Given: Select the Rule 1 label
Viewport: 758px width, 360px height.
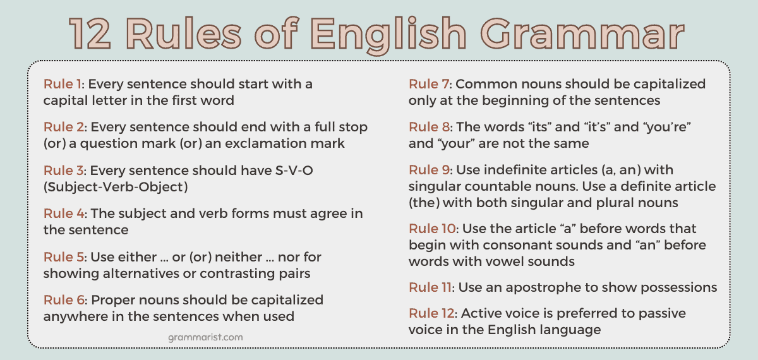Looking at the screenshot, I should point(64,84).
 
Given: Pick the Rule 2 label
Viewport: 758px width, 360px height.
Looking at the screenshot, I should point(64,127).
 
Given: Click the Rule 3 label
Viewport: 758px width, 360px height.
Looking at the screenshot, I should point(64,171).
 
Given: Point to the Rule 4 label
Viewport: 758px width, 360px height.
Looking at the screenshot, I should point(64,213).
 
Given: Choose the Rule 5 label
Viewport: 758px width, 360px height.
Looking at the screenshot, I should point(64,257).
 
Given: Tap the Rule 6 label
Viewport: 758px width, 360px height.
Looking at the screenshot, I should point(64,300).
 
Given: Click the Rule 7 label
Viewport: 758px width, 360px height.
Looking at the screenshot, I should point(430,84).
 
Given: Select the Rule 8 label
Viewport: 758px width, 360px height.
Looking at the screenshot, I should point(430,127).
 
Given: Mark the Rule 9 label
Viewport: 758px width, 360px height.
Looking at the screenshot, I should point(430,171).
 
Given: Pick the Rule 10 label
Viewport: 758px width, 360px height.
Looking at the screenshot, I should point(433,229).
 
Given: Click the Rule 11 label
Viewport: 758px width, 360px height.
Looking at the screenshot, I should point(431,287).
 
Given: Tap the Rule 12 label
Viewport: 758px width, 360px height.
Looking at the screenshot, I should point(433,313).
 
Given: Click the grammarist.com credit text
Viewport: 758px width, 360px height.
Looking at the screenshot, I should point(205,337).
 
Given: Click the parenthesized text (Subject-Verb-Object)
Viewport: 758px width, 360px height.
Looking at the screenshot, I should point(116,187).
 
